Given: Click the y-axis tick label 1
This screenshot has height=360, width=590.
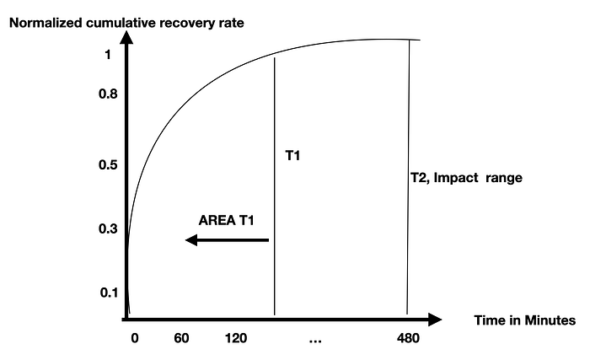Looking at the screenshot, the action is pyautogui.click(x=108, y=55).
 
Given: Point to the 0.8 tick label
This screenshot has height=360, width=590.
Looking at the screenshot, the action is pyautogui.click(x=108, y=94).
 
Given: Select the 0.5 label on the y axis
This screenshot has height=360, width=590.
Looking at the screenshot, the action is pyautogui.click(x=108, y=164).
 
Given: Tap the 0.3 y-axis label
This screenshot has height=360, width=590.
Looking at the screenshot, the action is pyautogui.click(x=108, y=228).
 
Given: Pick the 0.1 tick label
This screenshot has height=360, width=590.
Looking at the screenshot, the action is pyautogui.click(x=109, y=293).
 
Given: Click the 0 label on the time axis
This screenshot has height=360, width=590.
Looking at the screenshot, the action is pyautogui.click(x=135, y=338).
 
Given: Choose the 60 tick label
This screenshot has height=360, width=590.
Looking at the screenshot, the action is pyautogui.click(x=181, y=338).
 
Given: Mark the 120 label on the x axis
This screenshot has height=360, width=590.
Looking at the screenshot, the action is pyautogui.click(x=236, y=338).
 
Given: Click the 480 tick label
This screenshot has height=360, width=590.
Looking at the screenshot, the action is pyautogui.click(x=408, y=338).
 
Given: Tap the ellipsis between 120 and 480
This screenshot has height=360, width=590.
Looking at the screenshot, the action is pyautogui.click(x=315, y=341).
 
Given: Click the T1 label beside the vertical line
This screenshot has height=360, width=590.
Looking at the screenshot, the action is pyautogui.click(x=292, y=155).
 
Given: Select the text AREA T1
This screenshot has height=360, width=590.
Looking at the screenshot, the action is pyautogui.click(x=226, y=220).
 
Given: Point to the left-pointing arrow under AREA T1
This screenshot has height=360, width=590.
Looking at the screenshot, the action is pyautogui.click(x=228, y=240).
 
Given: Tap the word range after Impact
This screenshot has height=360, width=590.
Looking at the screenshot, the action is pyautogui.click(x=504, y=179).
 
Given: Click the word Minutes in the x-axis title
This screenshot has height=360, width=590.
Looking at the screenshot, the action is pyautogui.click(x=550, y=320).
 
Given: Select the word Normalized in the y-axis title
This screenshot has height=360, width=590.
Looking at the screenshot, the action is pyautogui.click(x=46, y=23).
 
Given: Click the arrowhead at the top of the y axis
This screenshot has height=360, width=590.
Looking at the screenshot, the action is pyautogui.click(x=126, y=38).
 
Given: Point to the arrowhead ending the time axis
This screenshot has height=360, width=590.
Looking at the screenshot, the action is pyautogui.click(x=435, y=320).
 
